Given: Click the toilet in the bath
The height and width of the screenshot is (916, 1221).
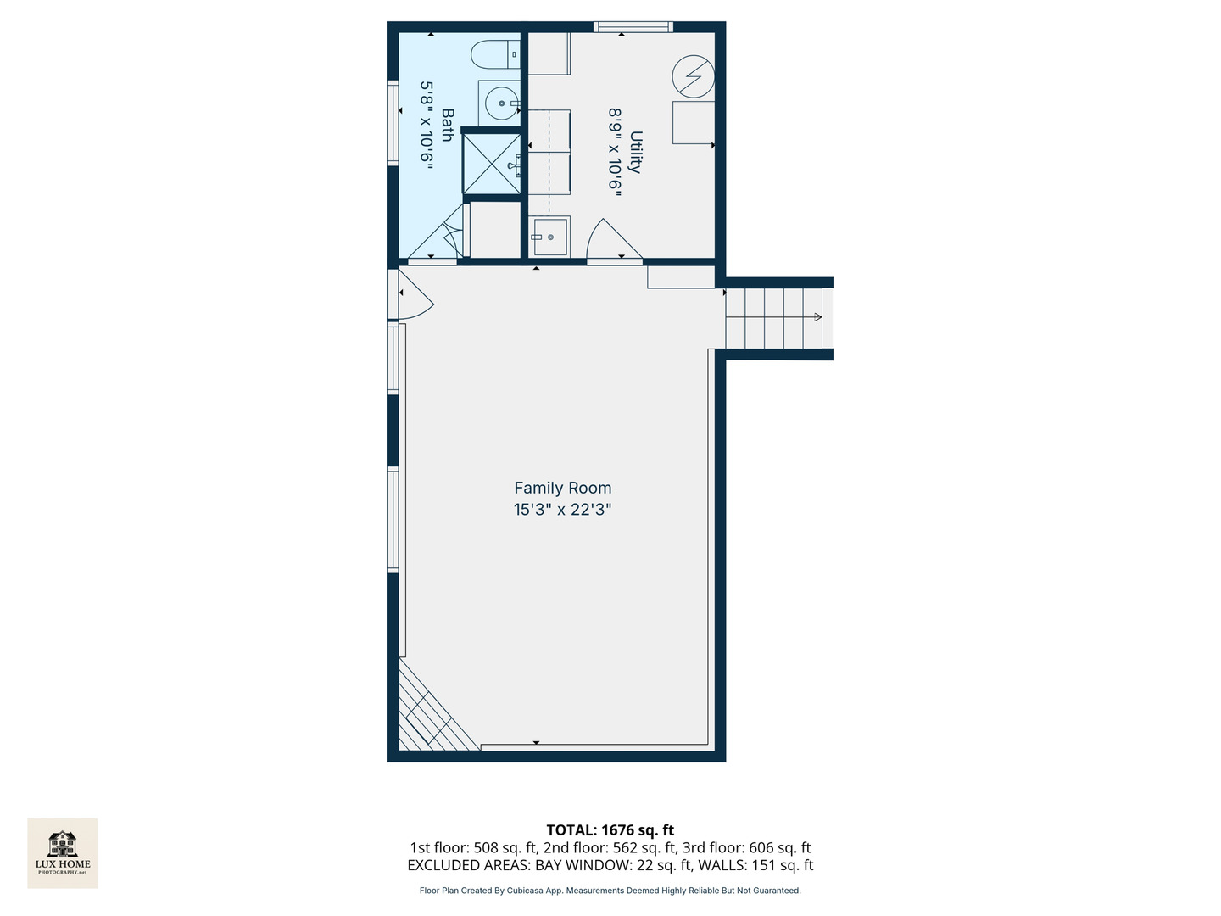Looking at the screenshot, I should (494, 54).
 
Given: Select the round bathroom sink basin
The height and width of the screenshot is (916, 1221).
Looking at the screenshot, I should (499, 104).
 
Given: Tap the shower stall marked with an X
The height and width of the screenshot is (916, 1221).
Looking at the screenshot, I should (491, 163).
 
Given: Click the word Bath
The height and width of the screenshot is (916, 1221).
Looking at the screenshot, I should (447, 125).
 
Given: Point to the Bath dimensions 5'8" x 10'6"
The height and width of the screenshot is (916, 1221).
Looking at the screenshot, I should (427, 126).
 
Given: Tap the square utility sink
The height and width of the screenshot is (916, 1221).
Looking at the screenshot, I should (549, 237).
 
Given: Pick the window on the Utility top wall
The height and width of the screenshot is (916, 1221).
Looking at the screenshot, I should (633, 27).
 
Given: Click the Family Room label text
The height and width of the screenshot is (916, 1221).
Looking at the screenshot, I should (562, 488).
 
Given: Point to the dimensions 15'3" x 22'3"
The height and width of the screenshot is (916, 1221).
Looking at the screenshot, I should (562, 510).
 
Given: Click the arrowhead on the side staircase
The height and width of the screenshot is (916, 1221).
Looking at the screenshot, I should (817, 317).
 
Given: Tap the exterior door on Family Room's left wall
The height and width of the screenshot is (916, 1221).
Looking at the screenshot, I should (412, 294).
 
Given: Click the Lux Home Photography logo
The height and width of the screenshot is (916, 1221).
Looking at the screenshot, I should (63, 852).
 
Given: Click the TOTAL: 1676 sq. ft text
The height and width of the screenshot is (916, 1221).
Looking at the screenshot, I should (610, 830).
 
